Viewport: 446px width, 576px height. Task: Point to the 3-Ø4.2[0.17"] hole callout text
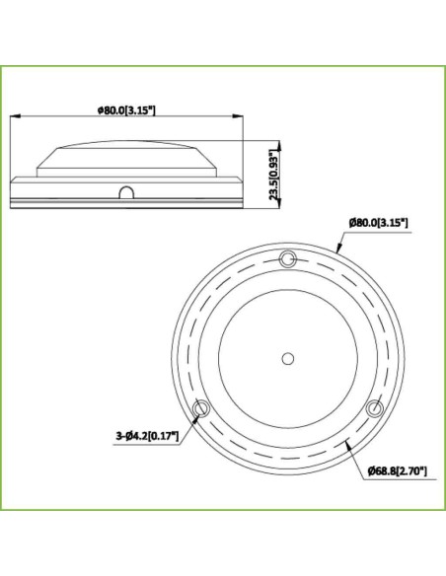147,432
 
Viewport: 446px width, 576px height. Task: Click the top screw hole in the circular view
287,258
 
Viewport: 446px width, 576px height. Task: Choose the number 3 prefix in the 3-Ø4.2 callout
118,432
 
